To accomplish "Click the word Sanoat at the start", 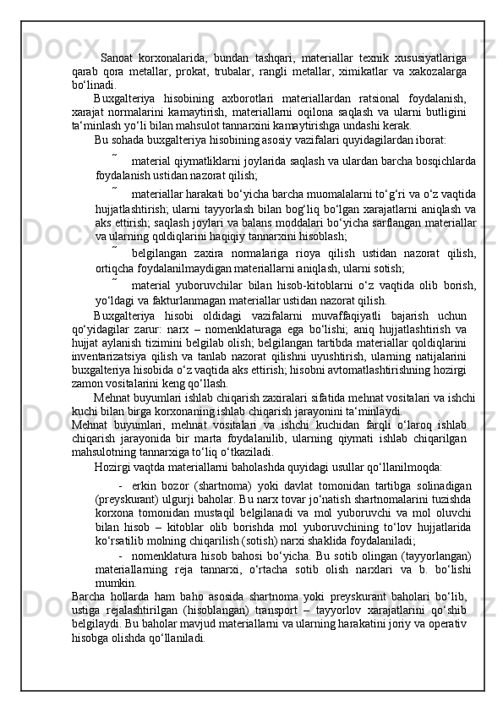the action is (x=119, y=58).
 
